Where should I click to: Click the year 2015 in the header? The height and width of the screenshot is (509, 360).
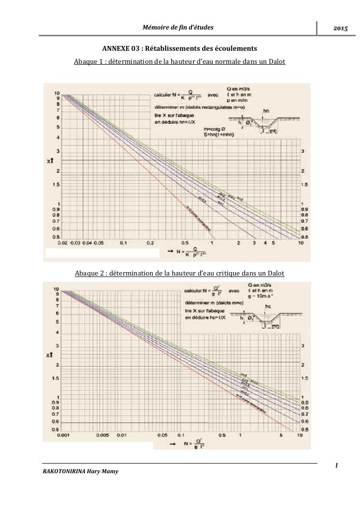[340, 29]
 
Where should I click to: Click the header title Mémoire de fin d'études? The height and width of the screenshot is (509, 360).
[178, 27]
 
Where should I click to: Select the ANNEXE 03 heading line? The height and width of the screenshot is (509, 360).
[180, 48]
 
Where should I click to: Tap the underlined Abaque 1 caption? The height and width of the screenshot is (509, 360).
[180, 62]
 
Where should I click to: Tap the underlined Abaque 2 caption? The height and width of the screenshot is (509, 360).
[180, 274]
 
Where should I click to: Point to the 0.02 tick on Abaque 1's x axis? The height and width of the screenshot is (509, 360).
[62, 243]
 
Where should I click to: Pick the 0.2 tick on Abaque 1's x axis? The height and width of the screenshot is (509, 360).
[150, 243]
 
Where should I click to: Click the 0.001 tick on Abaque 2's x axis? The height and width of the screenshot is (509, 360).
[62, 435]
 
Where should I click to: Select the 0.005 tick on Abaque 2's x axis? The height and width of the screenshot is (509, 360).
[102, 435]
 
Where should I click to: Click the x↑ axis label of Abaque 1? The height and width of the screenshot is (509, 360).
[50, 160]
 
